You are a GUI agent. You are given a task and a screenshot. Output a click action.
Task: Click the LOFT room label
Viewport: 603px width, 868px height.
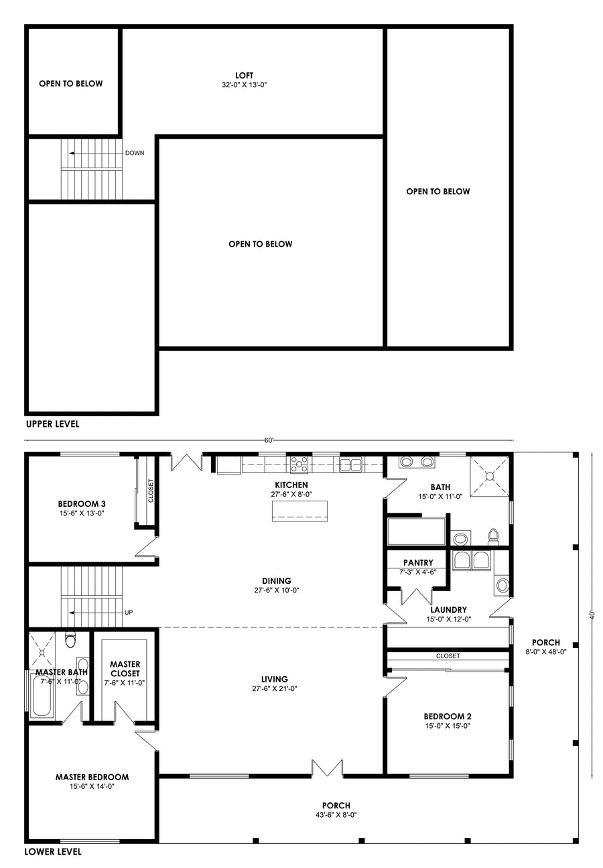pos(244,76)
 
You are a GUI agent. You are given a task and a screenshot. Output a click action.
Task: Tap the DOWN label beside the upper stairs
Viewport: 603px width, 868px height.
pos(135,153)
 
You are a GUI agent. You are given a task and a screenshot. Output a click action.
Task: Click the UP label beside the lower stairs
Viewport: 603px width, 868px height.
pos(129,613)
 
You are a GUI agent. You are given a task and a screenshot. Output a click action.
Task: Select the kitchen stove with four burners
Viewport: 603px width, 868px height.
pos(299,464)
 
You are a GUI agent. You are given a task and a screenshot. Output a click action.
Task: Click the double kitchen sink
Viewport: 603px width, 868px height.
pos(350,464)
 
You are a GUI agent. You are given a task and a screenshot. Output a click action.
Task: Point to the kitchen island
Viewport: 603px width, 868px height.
pos(299,511)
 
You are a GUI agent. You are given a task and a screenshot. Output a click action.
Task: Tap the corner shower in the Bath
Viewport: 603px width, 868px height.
pos(489,477)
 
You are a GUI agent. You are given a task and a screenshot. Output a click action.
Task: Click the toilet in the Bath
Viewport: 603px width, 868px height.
pos(493,536)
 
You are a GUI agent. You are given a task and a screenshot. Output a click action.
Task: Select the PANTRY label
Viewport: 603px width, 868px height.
pos(418,562)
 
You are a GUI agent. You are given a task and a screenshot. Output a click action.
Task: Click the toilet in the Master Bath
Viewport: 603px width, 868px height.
pos(70,639)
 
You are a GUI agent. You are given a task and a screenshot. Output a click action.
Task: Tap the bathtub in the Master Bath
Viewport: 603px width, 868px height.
pos(42,696)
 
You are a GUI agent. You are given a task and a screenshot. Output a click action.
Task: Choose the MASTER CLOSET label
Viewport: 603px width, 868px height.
pos(125,668)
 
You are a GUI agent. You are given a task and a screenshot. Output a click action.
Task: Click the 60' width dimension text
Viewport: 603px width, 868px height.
pos(269,440)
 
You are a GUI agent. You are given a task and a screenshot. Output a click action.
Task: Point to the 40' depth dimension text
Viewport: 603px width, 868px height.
pos(592,615)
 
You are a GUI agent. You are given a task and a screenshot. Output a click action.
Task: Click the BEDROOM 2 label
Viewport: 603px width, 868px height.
pos(448,717)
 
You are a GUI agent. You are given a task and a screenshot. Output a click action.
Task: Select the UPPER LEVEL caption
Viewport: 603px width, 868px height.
pos(53,424)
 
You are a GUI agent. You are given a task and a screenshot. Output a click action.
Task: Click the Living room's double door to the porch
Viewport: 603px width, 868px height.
pos(327,768)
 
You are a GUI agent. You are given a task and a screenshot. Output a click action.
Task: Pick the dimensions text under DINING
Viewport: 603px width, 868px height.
pos(277,590)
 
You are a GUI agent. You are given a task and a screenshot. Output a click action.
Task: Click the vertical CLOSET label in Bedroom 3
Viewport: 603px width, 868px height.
pos(151,491)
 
